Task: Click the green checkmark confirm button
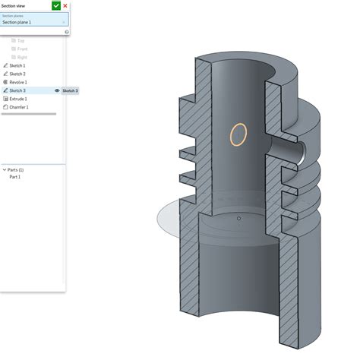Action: [x=56, y=5]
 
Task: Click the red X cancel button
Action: [x=65, y=5]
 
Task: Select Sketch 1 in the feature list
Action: [x=17, y=65]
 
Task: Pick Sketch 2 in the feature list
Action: [x=17, y=74]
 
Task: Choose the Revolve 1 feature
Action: [x=18, y=82]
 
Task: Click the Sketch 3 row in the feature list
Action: [x=17, y=90]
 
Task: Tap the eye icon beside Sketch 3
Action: [x=57, y=90]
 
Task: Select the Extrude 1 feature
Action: [x=18, y=99]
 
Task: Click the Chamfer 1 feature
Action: [x=19, y=107]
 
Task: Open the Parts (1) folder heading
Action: [x=15, y=169]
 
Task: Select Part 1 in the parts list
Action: [x=15, y=176]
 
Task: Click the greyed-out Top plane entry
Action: [x=21, y=40]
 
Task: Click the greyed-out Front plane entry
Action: [x=21, y=49]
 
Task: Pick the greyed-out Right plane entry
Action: [x=21, y=57]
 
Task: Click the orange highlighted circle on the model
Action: [x=238, y=134]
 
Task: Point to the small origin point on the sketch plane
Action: [x=238, y=219]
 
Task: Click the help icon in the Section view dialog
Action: [x=67, y=32]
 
